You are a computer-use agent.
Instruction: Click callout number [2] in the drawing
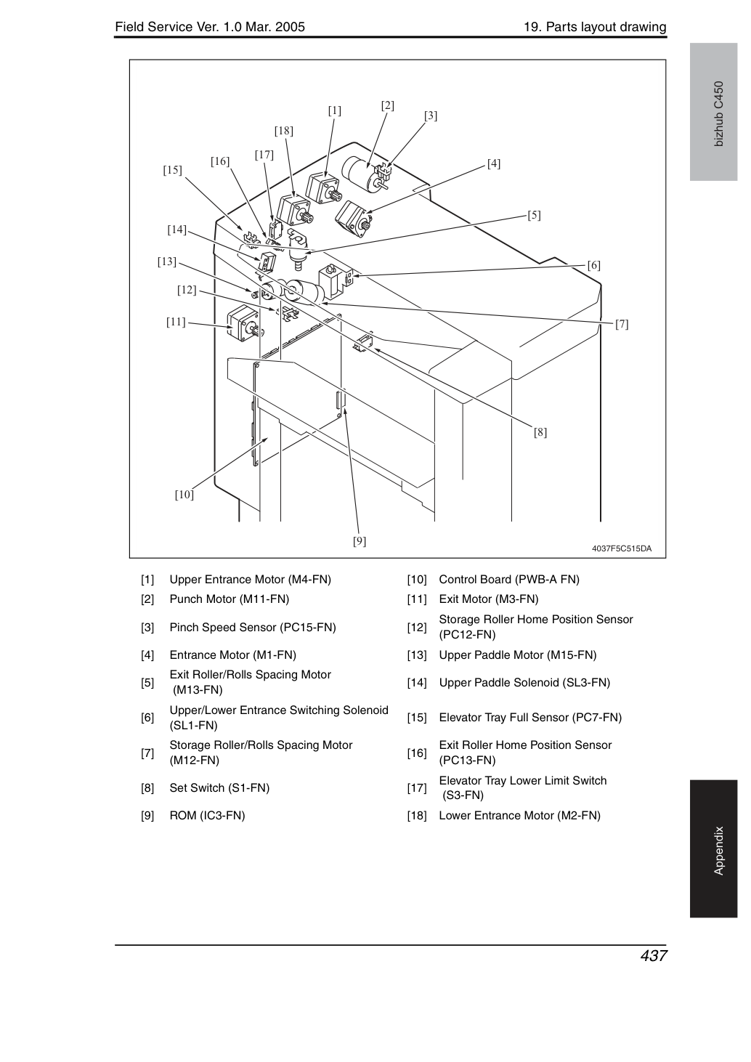[387, 105]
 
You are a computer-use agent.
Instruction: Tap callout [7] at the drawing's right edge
[622, 324]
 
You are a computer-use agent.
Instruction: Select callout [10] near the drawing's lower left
[184, 495]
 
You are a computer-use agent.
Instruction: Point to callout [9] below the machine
[360, 541]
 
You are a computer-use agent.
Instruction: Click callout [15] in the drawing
[172, 170]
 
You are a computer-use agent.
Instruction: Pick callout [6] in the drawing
[593, 265]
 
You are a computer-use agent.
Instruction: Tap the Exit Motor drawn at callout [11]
[243, 323]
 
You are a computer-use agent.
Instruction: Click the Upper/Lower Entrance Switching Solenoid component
[336, 280]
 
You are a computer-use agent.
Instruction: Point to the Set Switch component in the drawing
[364, 343]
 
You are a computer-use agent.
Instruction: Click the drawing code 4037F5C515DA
[622, 548]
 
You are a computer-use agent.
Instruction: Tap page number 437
[654, 955]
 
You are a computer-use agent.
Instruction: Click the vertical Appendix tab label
[719, 851]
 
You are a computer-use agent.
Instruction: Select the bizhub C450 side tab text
[719, 114]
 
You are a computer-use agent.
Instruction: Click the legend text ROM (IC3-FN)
[207, 816]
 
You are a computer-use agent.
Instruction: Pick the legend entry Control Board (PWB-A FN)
[509, 580]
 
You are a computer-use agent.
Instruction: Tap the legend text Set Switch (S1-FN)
[219, 788]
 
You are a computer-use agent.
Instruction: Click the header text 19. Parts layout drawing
[595, 27]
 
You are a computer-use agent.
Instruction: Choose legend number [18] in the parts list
[417, 816]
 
